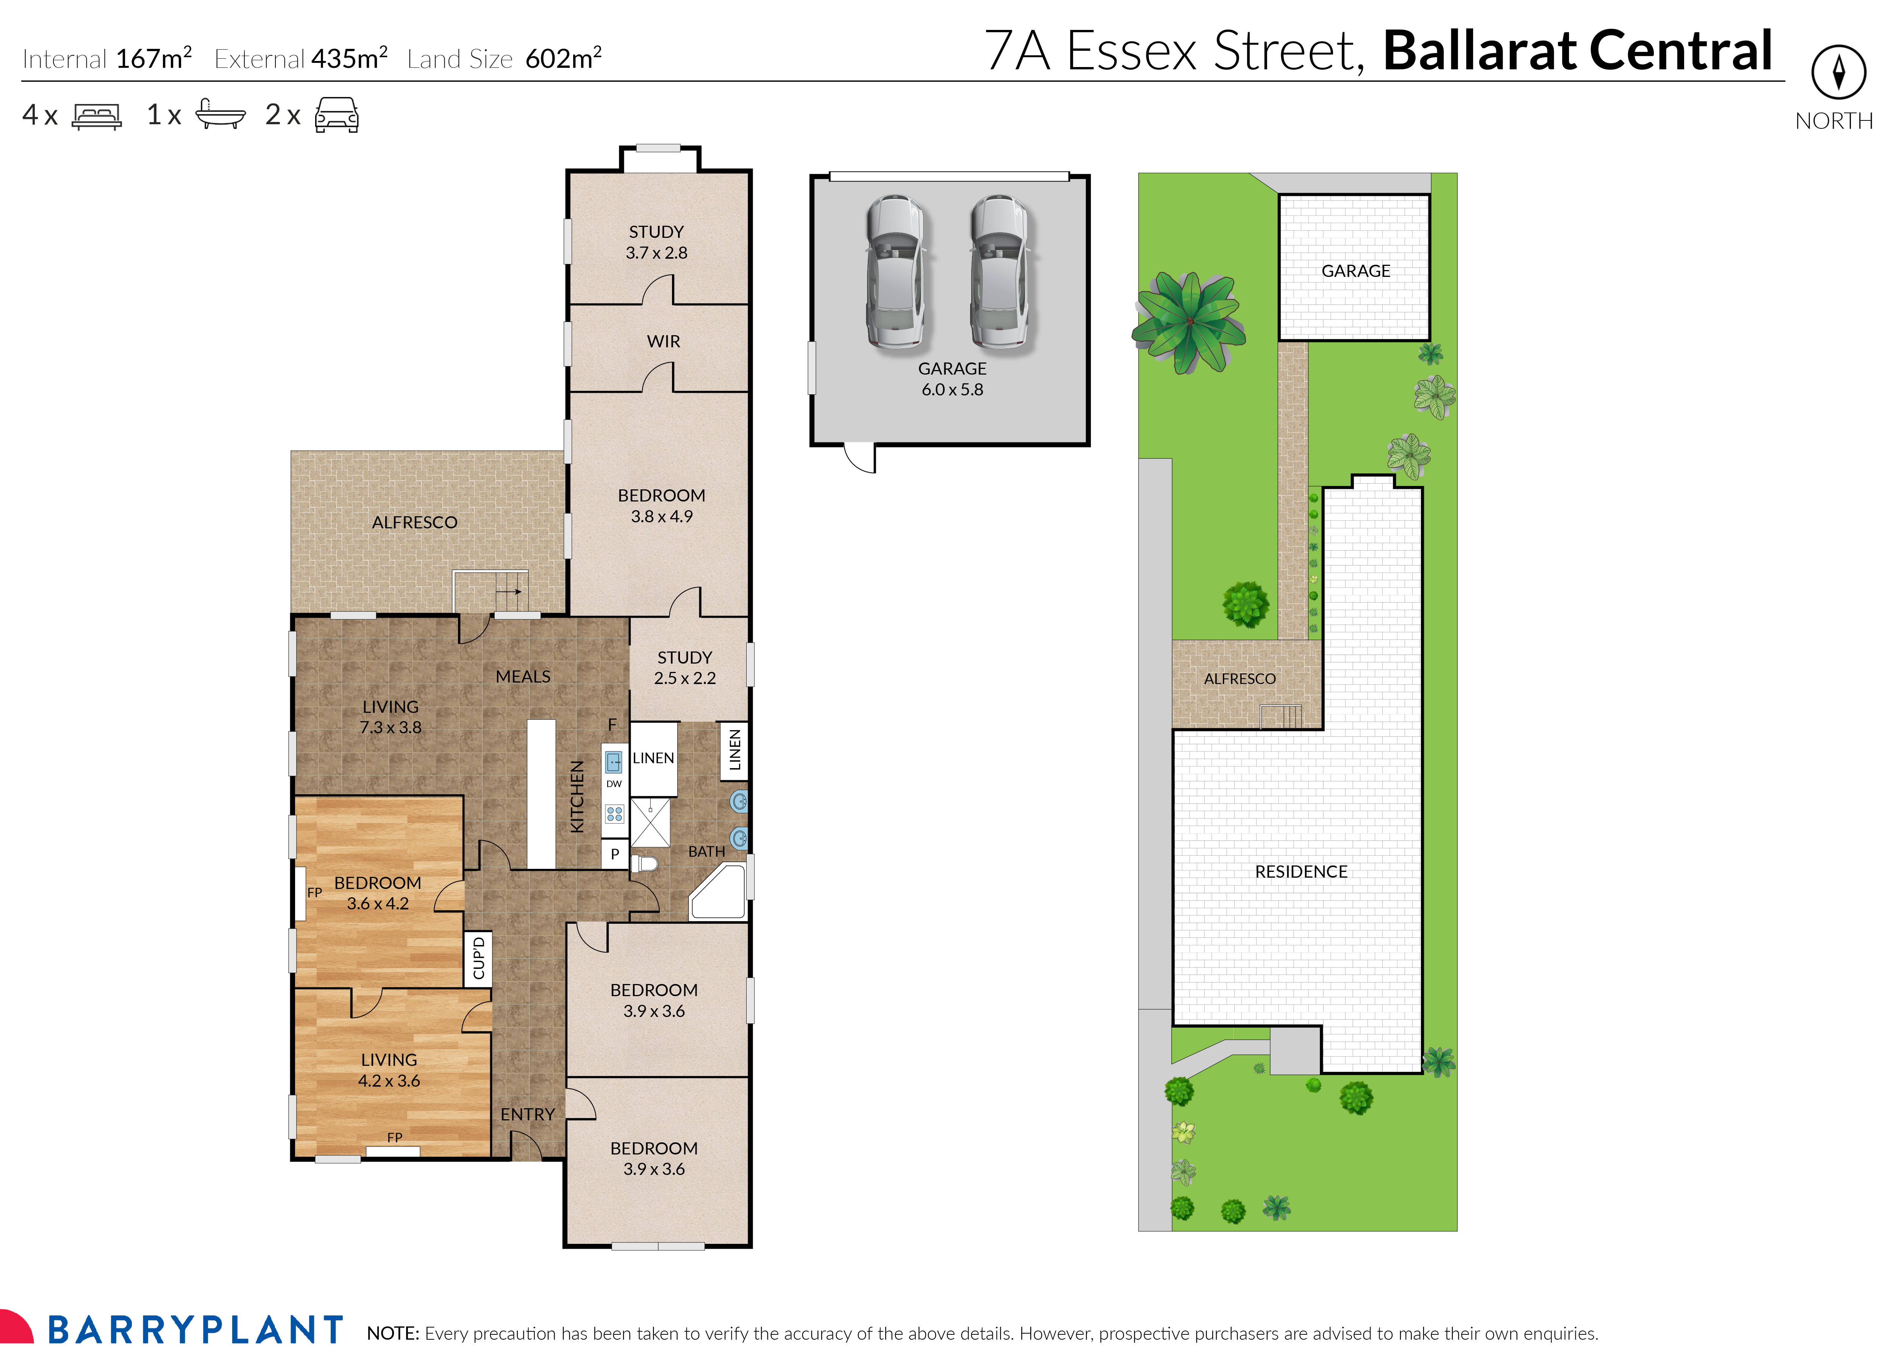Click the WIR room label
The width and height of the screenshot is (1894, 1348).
(663, 341)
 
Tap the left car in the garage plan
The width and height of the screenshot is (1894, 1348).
(895, 272)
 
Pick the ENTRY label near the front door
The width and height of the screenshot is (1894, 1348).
(527, 1114)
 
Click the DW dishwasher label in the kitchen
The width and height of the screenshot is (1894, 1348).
(614, 784)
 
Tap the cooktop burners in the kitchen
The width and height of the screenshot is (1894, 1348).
(614, 814)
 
